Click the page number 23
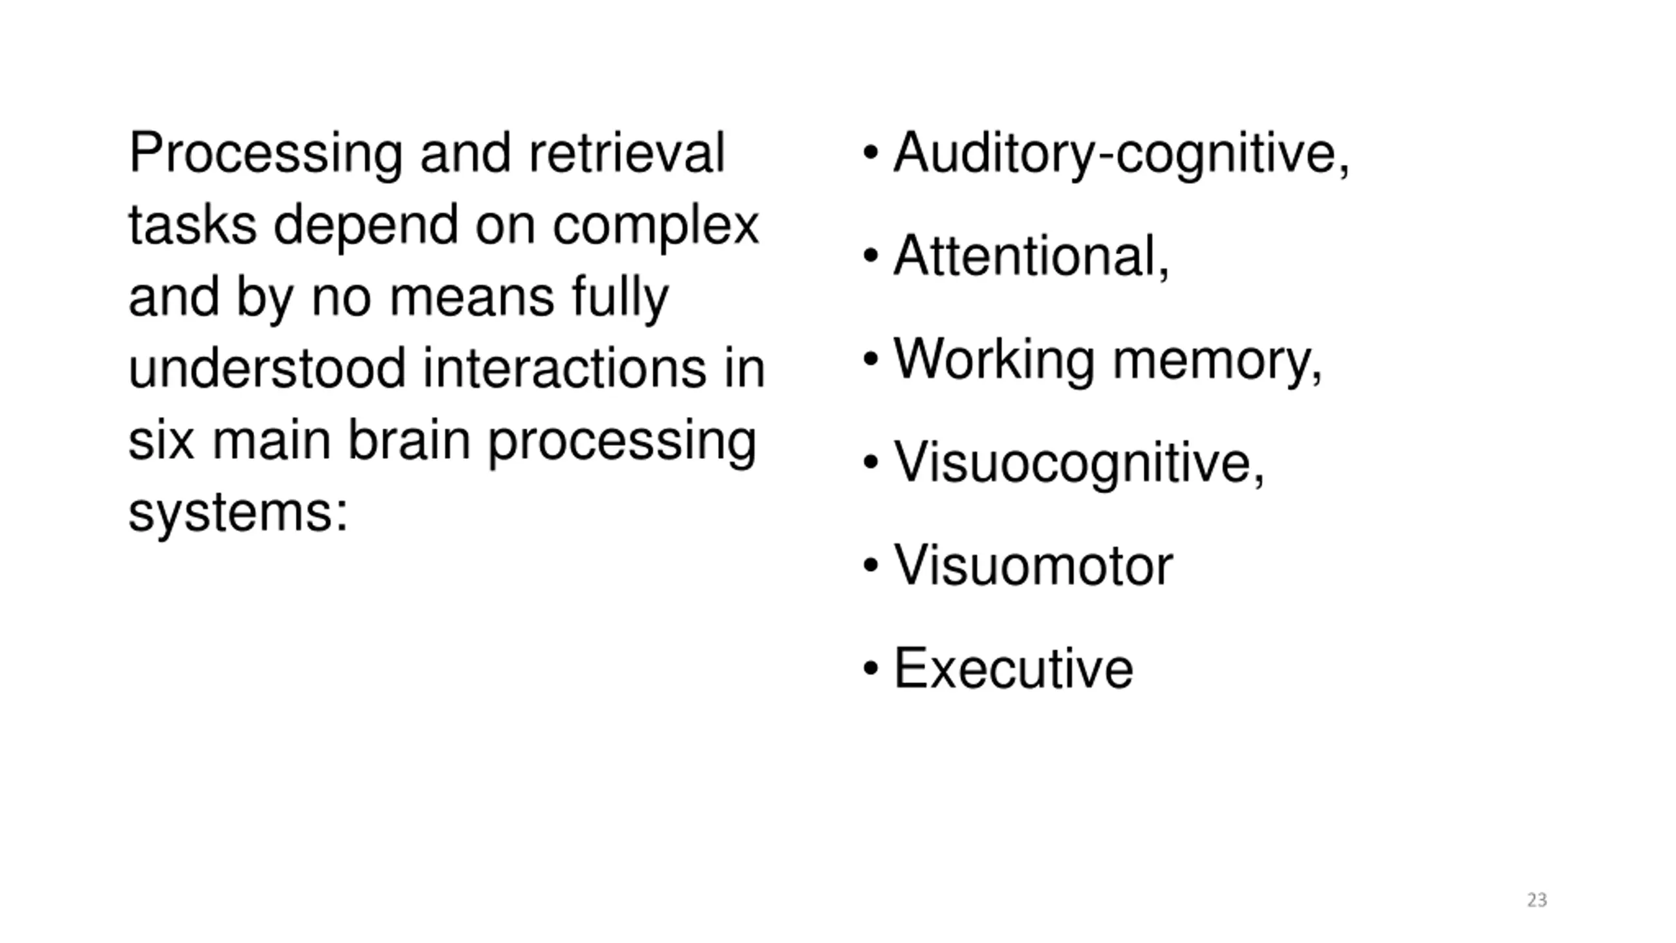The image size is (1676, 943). coord(1537,900)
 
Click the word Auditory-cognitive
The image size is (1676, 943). coord(1121,154)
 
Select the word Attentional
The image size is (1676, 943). coord(1030,257)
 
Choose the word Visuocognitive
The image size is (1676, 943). coord(1079,464)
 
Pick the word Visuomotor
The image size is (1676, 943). coord(1033,566)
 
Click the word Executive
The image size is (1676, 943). coord(1013,669)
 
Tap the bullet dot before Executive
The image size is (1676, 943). coord(870,669)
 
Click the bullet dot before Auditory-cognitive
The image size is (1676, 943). coord(870,154)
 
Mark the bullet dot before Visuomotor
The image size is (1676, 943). coord(870,566)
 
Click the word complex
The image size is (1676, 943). coord(655,227)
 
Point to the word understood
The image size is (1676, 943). coord(267,368)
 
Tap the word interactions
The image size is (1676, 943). coord(564,368)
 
